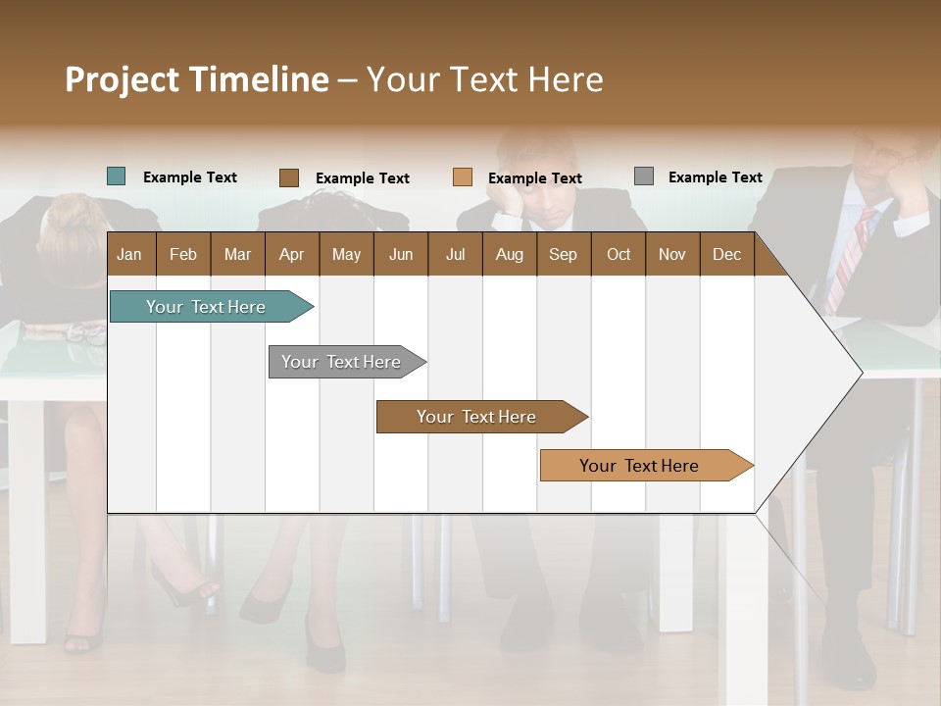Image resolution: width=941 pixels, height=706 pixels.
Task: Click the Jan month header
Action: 129,254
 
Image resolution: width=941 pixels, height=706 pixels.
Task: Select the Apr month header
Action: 291,254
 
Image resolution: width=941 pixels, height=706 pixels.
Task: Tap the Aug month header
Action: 509,254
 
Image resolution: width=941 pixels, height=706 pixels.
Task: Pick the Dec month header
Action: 726,254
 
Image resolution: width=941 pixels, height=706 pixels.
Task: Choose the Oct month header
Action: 619,254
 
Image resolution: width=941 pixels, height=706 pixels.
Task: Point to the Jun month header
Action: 400,254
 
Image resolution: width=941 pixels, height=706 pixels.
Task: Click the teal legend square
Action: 116,176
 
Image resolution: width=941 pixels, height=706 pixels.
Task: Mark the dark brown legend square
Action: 288,177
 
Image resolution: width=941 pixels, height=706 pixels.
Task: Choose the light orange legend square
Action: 462,177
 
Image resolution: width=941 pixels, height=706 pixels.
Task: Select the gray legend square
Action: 643,176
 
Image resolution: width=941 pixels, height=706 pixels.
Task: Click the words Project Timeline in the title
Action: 197,79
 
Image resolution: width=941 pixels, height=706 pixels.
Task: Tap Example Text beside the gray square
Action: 715,177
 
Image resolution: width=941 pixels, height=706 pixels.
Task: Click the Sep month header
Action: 563,254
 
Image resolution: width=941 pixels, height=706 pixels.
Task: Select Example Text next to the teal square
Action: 189,177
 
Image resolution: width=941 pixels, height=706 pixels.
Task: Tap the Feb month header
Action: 183,254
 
